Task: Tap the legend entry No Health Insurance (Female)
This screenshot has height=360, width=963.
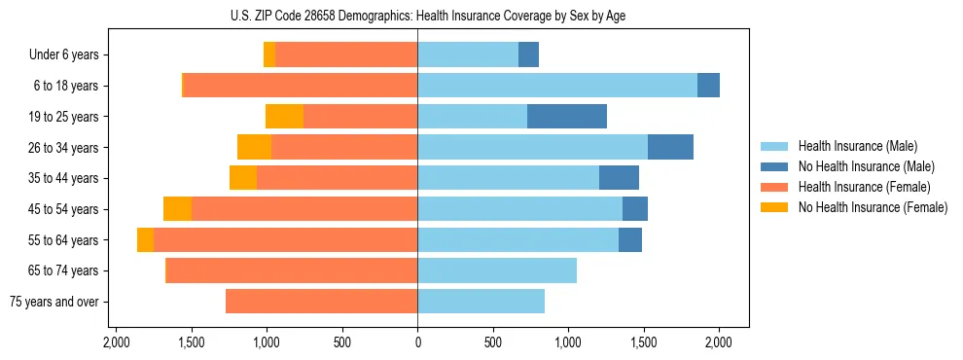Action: pyautogui.click(x=872, y=207)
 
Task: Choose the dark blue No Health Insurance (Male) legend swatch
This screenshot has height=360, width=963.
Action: pyautogui.click(x=775, y=166)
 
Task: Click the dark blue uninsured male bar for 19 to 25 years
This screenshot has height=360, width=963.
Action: pyautogui.click(x=567, y=117)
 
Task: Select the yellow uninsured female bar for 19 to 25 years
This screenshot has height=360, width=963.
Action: pyautogui.click(x=284, y=117)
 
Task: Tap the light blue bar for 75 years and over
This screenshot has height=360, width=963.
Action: pyautogui.click(x=481, y=302)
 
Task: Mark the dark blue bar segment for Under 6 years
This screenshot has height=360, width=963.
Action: pyautogui.click(x=528, y=55)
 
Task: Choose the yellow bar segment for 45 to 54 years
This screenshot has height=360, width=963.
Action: pyautogui.click(x=177, y=209)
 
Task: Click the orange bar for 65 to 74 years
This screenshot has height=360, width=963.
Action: pyautogui.click(x=292, y=270)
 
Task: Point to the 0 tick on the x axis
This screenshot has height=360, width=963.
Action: pyautogui.click(x=417, y=342)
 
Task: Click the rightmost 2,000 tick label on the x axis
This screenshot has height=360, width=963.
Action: pyautogui.click(x=719, y=342)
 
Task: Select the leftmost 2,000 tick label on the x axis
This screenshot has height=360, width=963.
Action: pyautogui.click(x=116, y=342)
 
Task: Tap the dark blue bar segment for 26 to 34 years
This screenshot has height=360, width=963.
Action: pyautogui.click(x=670, y=148)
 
